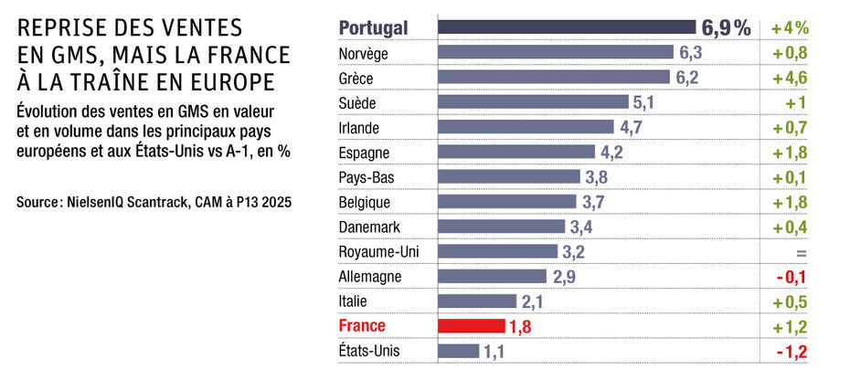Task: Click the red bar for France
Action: pyautogui.click(x=472, y=325)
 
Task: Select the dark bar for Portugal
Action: pyautogui.click(x=567, y=27)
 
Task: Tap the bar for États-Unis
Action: pyautogui.click(x=459, y=350)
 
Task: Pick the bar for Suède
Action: pyautogui.click(x=534, y=102)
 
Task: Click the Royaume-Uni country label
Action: pyautogui.click(x=375, y=250)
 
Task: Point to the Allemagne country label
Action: pyautogui.click(x=370, y=276)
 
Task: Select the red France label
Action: pyautogui.click(x=363, y=325)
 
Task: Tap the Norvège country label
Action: pyautogui.click(x=364, y=53)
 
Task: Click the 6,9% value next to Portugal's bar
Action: pyautogui.click(x=726, y=28)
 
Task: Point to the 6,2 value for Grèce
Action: pyautogui.click(x=687, y=78)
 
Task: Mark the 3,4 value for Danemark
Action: pyautogui.click(x=581, y=226)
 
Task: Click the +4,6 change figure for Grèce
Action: pyautogui.click(x=789, y=78)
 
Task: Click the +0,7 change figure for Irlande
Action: pyautogui.click(x=789, y=127)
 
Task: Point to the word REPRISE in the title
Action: pyautogui.click(x=63, y=30)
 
